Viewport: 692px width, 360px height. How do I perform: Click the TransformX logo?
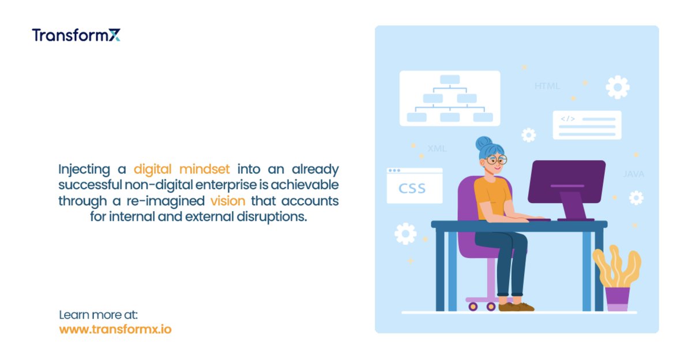click(x=76, y=35)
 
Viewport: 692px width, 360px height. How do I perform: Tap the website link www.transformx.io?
click(x=115, y=329)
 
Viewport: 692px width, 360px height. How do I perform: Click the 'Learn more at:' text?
click(x=99, y=315)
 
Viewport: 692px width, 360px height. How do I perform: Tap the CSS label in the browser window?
click(x=412, y=189)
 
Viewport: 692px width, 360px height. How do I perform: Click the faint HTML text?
click(x=547, y=87)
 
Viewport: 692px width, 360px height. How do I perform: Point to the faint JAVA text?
click(x=633, y=174)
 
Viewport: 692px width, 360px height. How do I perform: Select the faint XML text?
click(x=437, y=148)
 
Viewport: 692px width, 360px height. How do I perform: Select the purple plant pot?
click(x=617, y=299)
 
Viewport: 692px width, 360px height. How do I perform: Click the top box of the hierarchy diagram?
click(x=449, y=80)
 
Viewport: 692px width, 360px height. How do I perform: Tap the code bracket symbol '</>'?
click(x=568, y=119)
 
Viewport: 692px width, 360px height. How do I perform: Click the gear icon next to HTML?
click(x=617, y=87)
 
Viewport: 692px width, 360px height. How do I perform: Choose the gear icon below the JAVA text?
click(x=635, y=198)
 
